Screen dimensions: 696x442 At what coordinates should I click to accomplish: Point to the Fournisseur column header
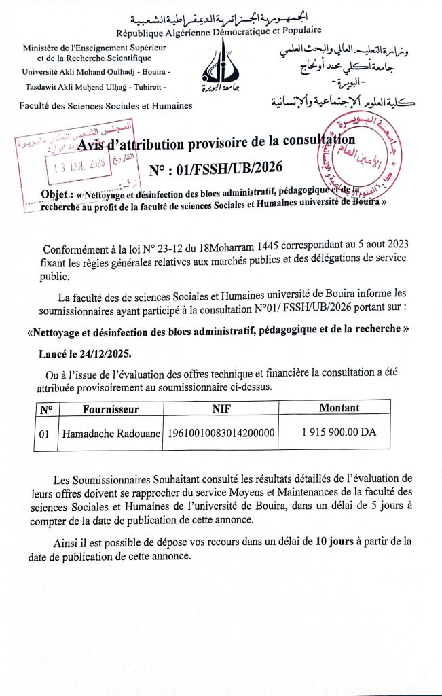pyautogui.click(x=111, y=408)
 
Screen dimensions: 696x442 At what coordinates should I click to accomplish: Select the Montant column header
pyautogui.click(x=339, y=408)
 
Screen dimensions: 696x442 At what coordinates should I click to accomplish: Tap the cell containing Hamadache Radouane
pyautogui.click(x=111, y=433)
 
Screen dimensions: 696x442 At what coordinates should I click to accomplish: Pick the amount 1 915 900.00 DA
pyautogui.click(x=339, y=432)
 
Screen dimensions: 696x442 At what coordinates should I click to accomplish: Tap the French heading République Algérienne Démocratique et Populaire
pyautogui.click(x=219, y=31)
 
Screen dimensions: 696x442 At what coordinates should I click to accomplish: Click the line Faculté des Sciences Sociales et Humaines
pyautogui.click(x=106, y=105)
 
